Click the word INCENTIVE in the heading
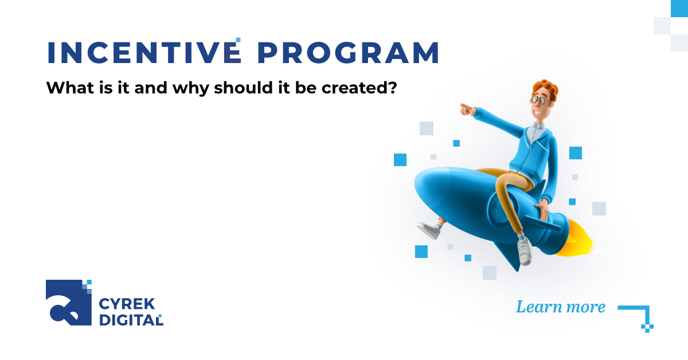tap(143, 53)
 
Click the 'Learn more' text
tap(560, 307)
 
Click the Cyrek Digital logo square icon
tap(68, 303)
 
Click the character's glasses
tap(541, 99)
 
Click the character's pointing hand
tap(466, 108)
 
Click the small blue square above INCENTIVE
tap(238, 40)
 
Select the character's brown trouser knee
tap(506, 185)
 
